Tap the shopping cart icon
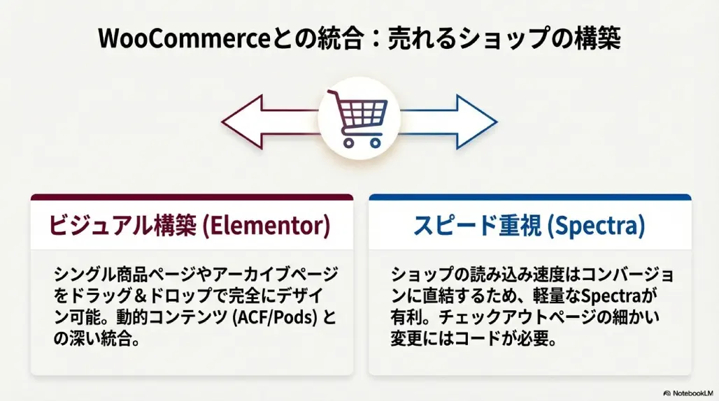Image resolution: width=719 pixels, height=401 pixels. pyautogui.click(x=359, y=119)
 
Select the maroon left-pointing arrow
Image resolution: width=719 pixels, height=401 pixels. pyautogui.click(x=271, y=122)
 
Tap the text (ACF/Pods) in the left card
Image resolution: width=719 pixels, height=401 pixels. pyautogui.click(x=275, y=317)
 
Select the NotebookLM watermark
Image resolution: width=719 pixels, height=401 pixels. pyautogui.click(x=688, y=393)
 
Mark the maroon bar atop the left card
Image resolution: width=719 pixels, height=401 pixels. pyautogui.click(x=192, y=197)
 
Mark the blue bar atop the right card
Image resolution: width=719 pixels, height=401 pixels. pyautogui.click(x=530, y=197)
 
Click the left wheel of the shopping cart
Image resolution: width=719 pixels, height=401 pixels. pyautogui.click(x=348, y=143)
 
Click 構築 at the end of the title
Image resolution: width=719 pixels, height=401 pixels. pyautogui.click(x=597, y=38)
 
